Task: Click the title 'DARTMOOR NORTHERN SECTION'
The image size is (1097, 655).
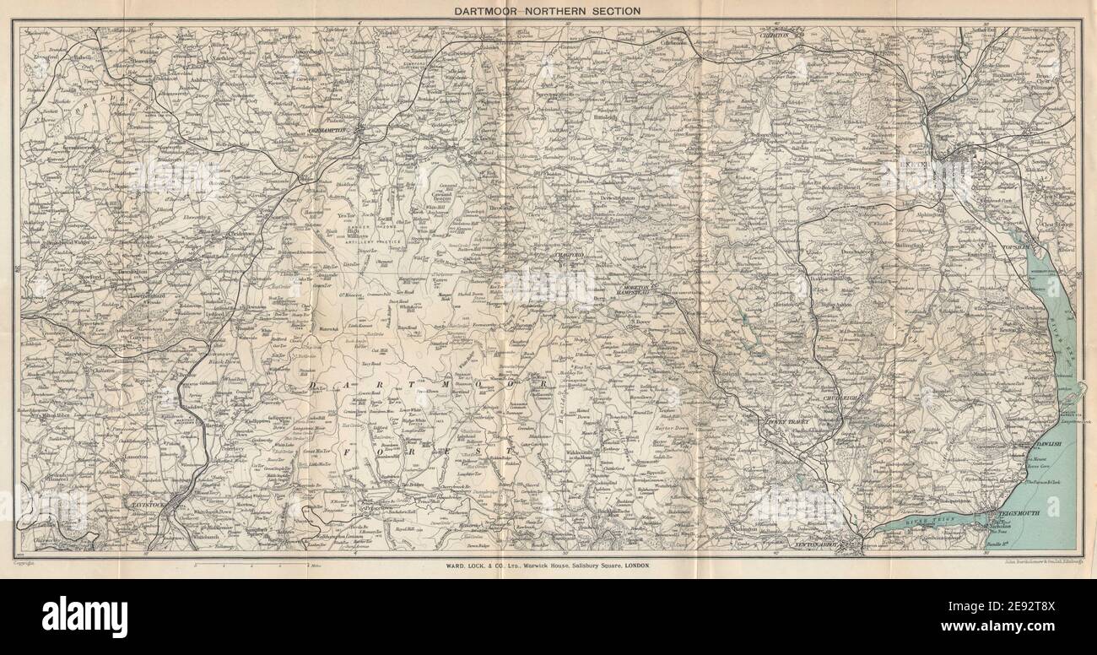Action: click(x=548, y=10)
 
